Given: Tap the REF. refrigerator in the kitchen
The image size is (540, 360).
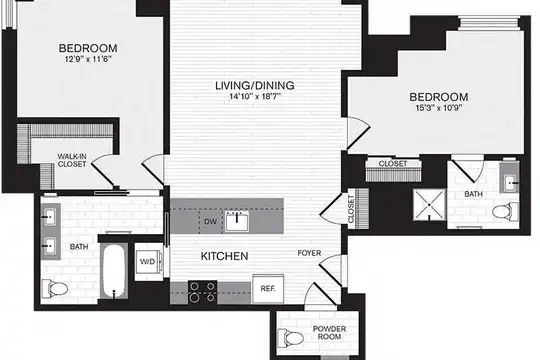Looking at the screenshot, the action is coord(268,289).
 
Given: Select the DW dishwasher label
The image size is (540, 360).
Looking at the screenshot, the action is coord(210,222).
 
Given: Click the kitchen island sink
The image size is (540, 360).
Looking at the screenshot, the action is coord(237,222).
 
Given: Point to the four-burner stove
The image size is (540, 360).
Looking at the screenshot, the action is coord(202,292).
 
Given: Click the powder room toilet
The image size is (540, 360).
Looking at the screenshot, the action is coord(290,338).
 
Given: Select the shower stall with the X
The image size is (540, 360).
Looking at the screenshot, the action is coord(429,205).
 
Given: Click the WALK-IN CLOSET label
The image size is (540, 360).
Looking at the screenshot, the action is coord(72,160).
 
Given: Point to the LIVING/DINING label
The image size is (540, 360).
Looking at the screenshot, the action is coord(255,85).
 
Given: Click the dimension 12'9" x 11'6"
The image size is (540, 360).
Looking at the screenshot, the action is coord(88,59).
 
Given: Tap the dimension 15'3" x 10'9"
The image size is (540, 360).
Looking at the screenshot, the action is coord(439,108).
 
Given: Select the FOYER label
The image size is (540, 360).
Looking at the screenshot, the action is coord(309,253).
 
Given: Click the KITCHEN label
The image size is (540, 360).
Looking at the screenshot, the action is coord(225,256).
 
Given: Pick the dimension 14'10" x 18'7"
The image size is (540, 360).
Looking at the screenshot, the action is coord(255,96).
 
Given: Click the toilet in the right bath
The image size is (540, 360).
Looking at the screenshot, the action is coord(505,211).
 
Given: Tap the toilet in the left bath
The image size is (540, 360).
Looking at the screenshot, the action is coord(55,289).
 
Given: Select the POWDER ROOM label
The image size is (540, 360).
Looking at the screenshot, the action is coord(329,332).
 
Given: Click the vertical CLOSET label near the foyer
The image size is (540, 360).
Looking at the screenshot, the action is coord(351,209).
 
